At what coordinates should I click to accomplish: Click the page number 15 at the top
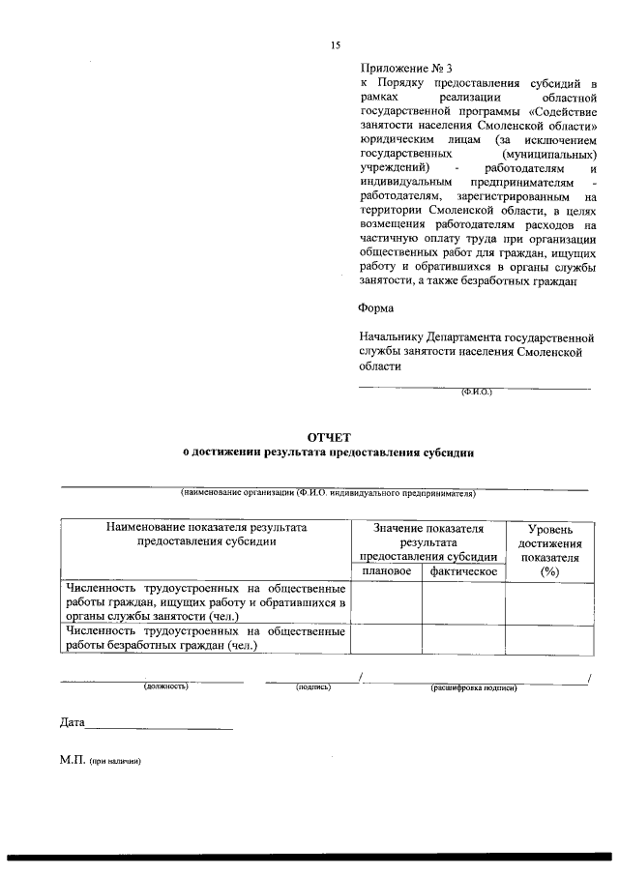pyautogui.click(x=336, y=44)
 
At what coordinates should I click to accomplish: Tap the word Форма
pyautogui.click(x=375, y=308)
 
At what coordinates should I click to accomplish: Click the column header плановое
pyautogui.click(x=386, y=571)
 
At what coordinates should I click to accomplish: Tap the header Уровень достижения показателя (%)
pyautogui.click(x=550, y=551)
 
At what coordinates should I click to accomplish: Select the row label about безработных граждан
pyautogui.click(x=205, y=638)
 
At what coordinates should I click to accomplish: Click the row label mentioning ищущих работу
pyautogui.click(x=205, y=601)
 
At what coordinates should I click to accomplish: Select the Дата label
pyautogui.click(x=73, y=722)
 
